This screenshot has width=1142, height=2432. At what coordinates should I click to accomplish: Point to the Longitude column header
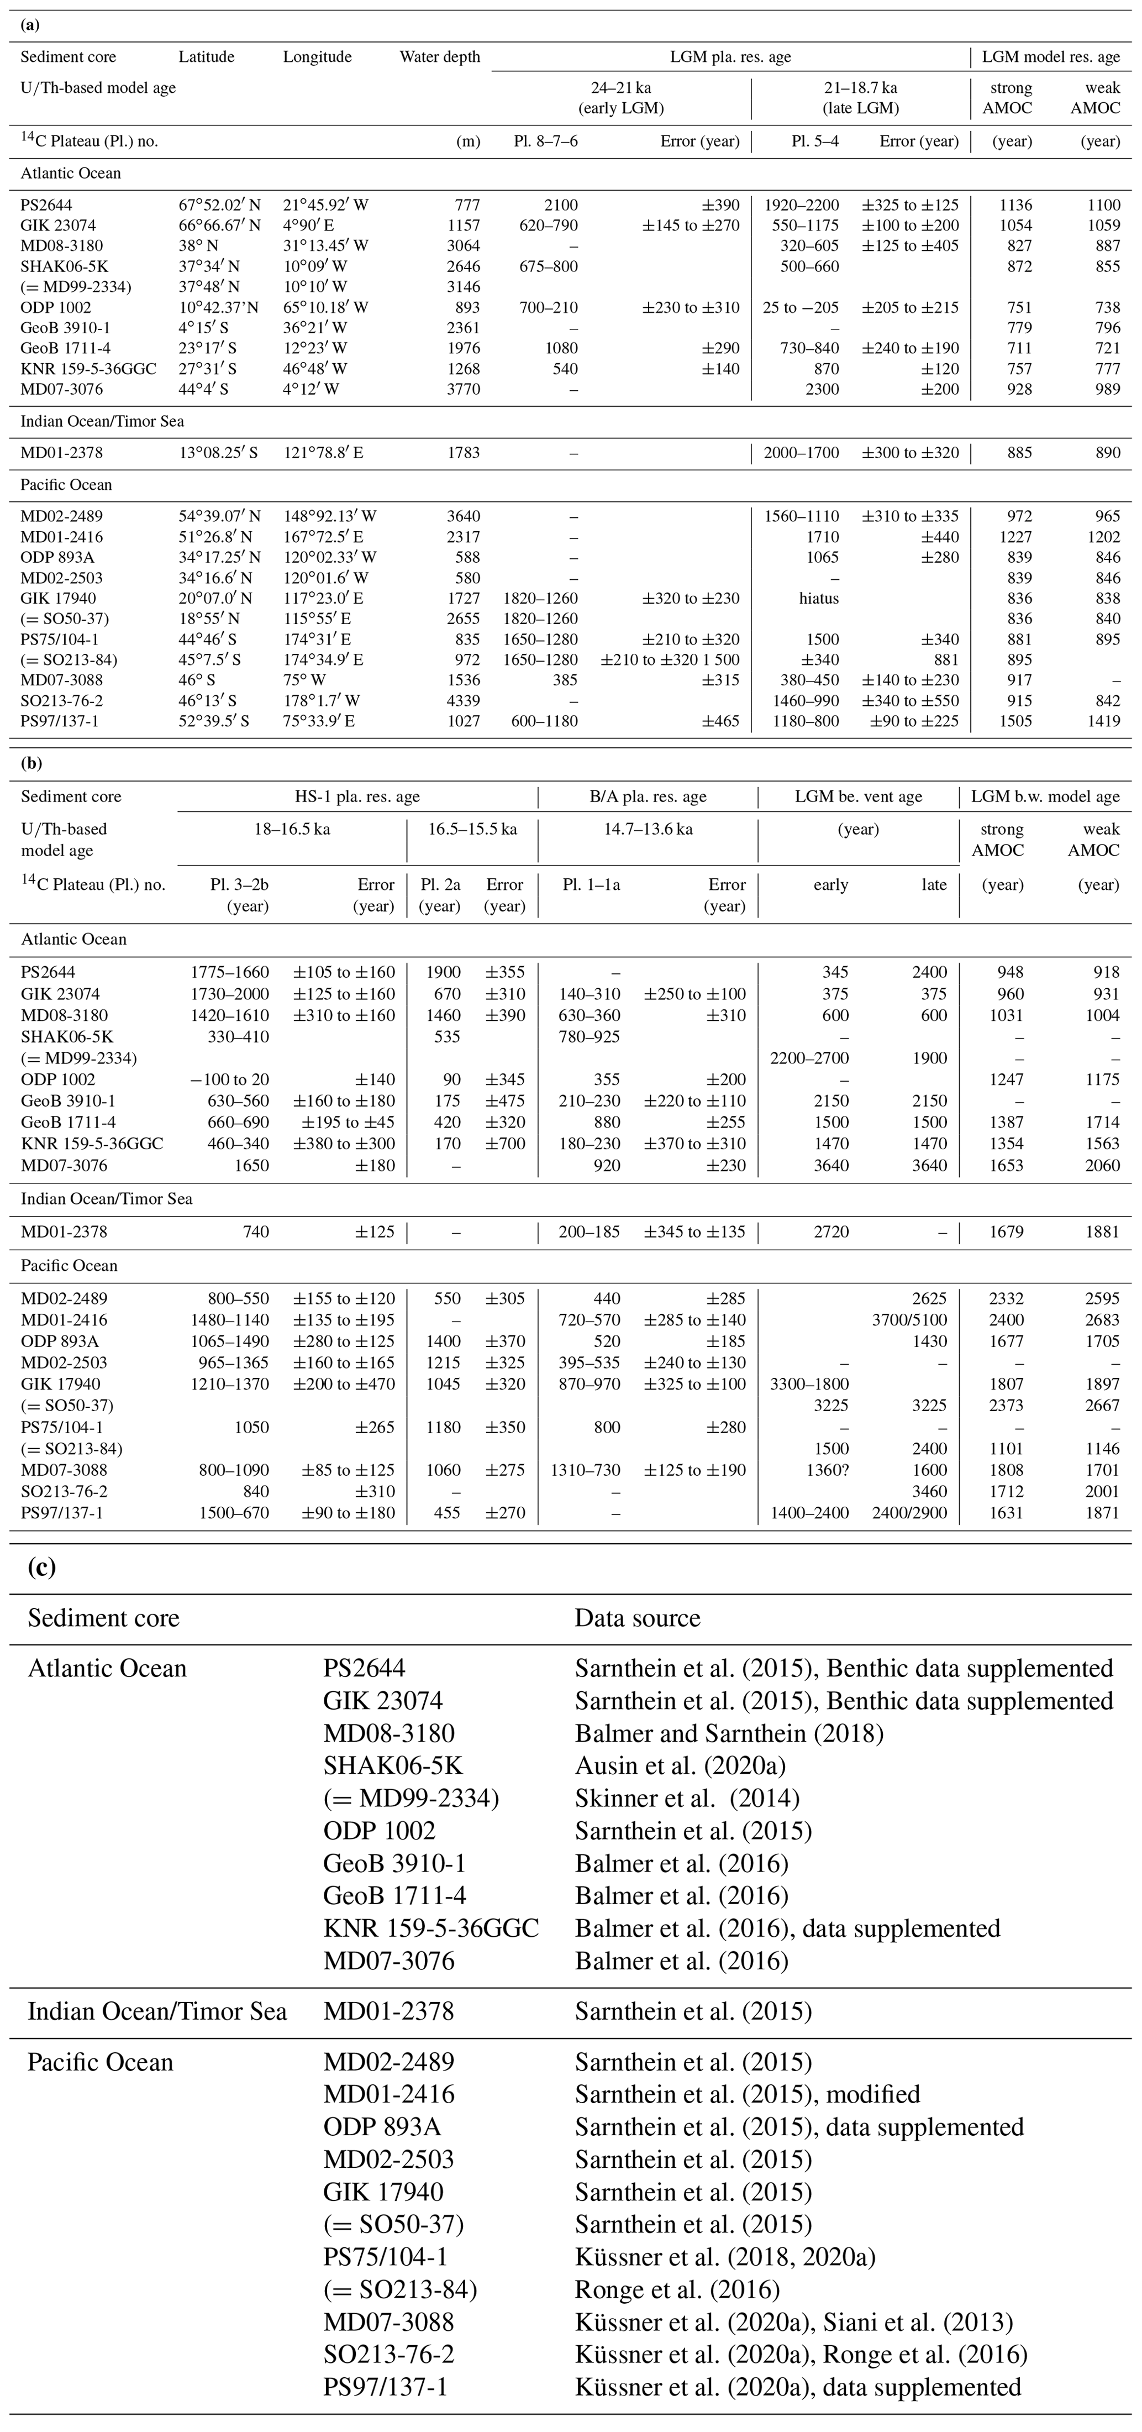(317, 56)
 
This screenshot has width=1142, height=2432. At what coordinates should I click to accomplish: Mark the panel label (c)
(41, 1568)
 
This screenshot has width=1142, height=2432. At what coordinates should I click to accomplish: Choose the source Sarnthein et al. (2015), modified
(746, 2094)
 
